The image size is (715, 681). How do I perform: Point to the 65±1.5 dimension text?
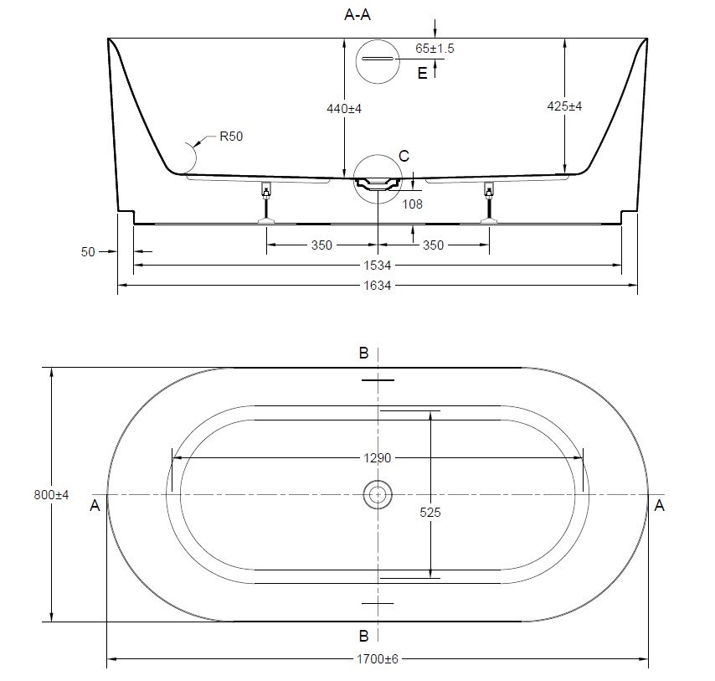click(435, 49)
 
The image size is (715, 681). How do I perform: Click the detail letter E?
click(422, 74)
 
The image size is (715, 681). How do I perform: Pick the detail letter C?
click(404, 156)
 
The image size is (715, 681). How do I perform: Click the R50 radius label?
click(231, 137)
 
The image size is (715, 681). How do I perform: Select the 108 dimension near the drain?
click(413, 204)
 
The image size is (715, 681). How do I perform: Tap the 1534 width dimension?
click(378, 266)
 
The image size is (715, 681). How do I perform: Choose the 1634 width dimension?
click(378, 286)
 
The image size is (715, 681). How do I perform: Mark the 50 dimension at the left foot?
click(89, 250)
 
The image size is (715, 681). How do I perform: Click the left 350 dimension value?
click(322, 245)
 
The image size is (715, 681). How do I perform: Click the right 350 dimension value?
click(433, 245)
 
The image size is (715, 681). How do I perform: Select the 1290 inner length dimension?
click(378, 458)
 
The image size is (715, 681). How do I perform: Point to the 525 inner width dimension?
click(431, 512)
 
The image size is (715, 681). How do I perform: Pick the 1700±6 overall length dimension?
click(378, 659)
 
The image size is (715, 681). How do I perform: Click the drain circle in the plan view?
click(378, 495)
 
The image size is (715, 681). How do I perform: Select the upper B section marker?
click(363, 353)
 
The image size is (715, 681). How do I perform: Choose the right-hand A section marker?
click(660, 505)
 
